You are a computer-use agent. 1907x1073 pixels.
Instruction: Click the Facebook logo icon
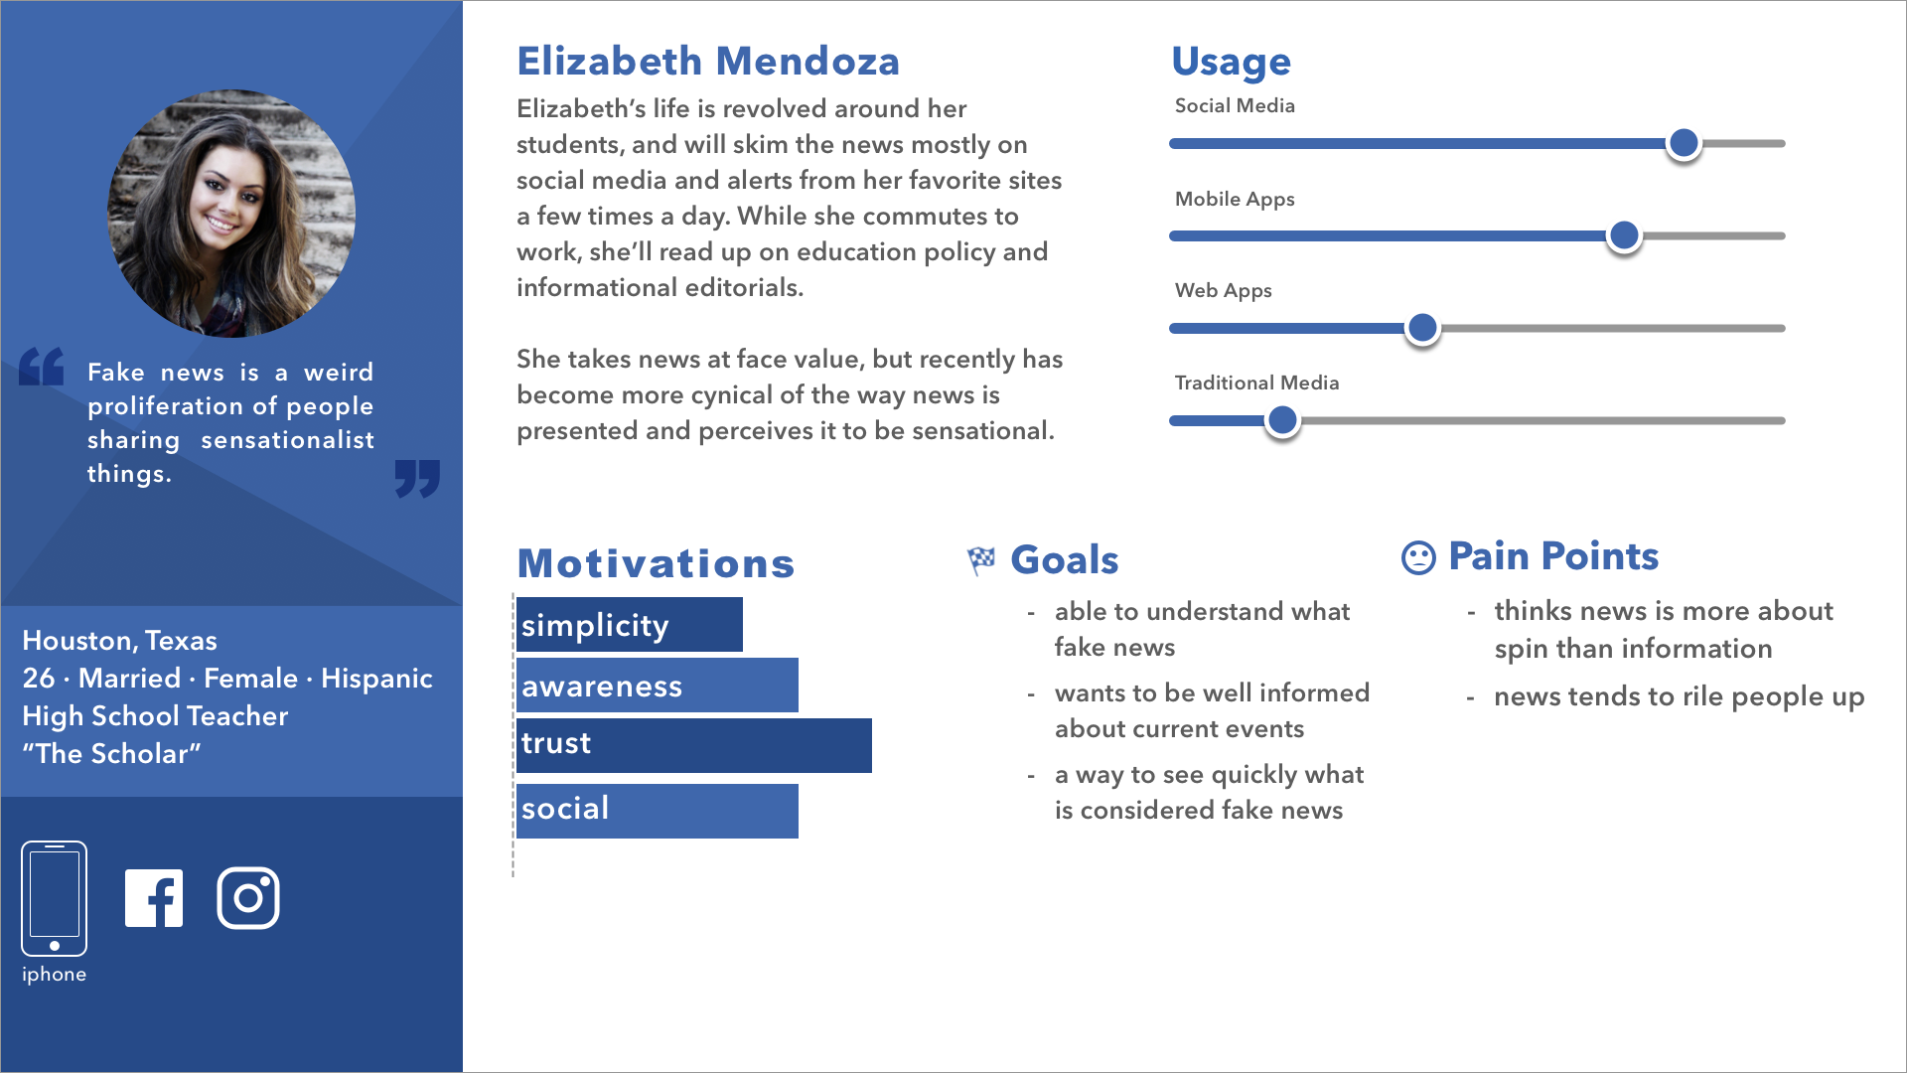(x=154, y=898)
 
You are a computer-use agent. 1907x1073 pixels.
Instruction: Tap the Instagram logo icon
(x=248, y=898)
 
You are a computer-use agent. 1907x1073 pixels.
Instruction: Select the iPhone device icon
(x=55, y=898)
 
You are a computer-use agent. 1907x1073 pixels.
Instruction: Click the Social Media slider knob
(x=1684, y=143)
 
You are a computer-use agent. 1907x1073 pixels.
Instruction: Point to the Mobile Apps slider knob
(x=1624, y=235)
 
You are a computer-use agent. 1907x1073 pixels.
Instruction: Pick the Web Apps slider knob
(x=1422, y=328)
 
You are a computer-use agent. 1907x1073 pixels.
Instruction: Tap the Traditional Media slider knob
(x=1282, y=420)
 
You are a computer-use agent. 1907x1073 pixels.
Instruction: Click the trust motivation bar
(x=694, y=745)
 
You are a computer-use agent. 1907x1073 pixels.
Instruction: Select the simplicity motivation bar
(x=630, y=624)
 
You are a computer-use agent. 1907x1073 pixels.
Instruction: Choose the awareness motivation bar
(x=658, y=685)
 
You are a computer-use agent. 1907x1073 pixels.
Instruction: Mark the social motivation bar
(x=658, y=811)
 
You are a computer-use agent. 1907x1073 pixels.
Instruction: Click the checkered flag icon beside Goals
(x=981, y=561)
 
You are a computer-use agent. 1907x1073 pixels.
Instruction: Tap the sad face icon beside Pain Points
(x=1418, y=557)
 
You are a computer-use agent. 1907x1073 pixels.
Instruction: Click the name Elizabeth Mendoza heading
(x=708, y=62)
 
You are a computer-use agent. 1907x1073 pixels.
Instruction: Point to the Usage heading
(x=1232, y=63)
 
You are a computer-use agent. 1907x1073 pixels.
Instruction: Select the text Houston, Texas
(x=120, y=641)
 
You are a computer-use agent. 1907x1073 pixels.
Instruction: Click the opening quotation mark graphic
(x=42, y=367)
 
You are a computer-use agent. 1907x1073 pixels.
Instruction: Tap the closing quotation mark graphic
(x=417, y=479)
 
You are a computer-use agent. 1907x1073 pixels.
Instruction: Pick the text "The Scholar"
(x=111, y=754)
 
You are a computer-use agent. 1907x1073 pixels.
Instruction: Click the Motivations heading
(x=656, y=563)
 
